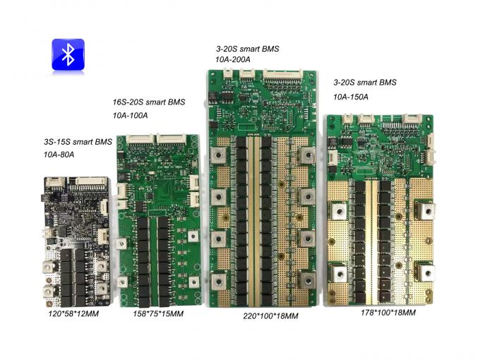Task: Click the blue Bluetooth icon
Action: (x=68, y=54)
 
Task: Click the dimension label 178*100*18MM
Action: (x=388, y=312)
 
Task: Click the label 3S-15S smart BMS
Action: (x=77, y=142)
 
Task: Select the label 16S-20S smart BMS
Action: (x=148, y=102)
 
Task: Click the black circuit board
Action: (x=73, y=237)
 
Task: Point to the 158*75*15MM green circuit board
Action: (x=157, y=220)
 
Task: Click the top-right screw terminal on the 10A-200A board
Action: (x=306, y=153)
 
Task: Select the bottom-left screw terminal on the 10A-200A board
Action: (x=218, y=280)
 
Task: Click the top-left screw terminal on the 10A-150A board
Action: (x=337, y=210)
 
